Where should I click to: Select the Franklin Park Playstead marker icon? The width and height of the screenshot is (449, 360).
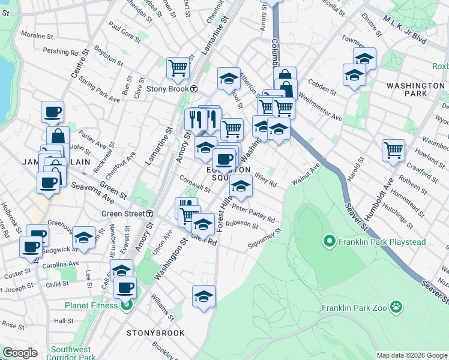coord(329,242)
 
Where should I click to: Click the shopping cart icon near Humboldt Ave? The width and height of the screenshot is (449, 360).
coord(393,149)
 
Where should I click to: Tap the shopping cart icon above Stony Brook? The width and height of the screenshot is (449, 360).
coord(178,68)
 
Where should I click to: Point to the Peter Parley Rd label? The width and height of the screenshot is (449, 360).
coord(253,214)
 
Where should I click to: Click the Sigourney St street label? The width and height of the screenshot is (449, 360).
coord(265,239)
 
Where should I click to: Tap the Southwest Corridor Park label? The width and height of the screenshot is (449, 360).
coord(73,353)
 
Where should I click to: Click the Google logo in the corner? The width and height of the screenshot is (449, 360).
coord(20,353)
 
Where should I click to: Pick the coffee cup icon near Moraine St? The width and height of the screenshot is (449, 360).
coord(52,111)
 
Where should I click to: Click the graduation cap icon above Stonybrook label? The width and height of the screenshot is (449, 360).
coord(203,296)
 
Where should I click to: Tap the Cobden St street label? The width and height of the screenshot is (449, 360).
coord(322,86)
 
